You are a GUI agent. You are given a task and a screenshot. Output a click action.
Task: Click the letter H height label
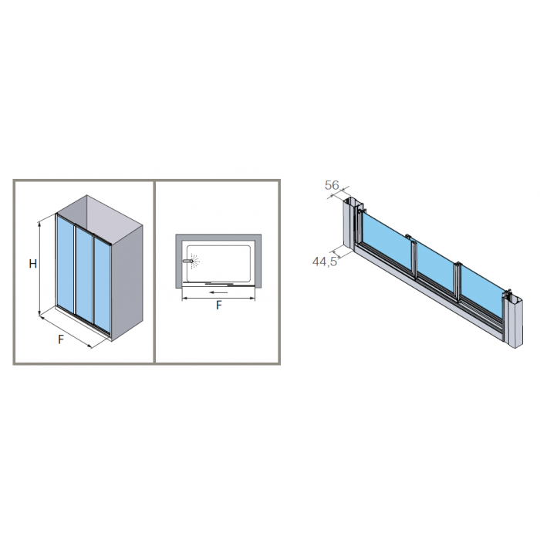click(x=32, y=264)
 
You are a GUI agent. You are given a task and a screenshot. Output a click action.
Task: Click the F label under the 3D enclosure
click(x=61, y=339)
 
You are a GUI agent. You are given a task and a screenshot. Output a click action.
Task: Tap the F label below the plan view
click(x=218, y=305)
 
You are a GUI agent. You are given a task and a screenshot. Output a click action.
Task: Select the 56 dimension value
click(x=332, y=185)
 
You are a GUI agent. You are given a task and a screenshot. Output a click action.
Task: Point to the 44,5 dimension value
click(x=325, y=262)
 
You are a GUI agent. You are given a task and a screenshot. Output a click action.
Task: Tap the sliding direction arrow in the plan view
click(x=218, y=292)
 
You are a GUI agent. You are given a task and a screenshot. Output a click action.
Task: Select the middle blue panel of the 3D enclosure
click(x=84, y=275)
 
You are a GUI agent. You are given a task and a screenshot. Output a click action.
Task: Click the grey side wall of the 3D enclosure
click(x=127, y=283)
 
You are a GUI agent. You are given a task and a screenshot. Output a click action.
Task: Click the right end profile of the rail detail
click(x=513, y=319)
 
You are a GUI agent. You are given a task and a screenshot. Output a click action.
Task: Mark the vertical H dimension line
click(x=39, y=268)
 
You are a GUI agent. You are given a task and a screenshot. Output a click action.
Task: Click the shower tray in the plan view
click(x=218, y=262)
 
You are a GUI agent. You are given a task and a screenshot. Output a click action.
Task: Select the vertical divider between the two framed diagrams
click(x=154, y=272)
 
